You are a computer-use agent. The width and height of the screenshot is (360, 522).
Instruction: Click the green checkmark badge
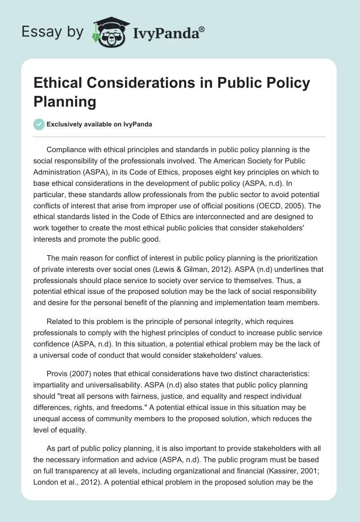pyautogui.click(x=39, y=124)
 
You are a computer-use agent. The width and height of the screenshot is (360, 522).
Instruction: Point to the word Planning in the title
pyautogui.click(x=65, y=102)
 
